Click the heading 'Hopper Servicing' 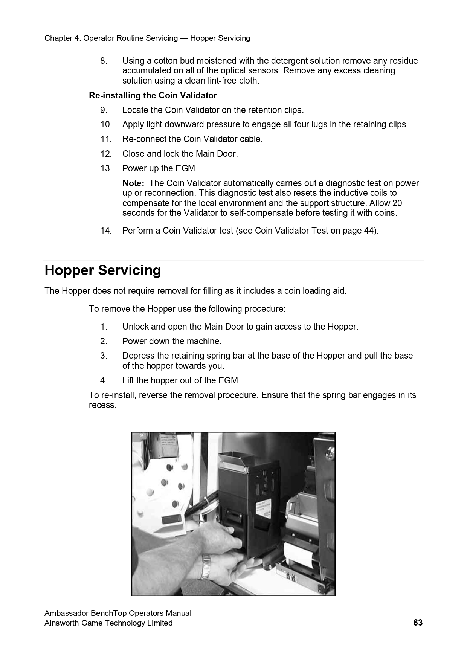click(x=102, y=270)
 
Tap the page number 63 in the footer click(x=418, y=623)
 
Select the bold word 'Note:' click(x=133, y=183)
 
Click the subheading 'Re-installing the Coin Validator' click(x=153, y=95)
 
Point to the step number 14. click(x=106, y=231)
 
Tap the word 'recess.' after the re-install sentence click(x=102, y=405)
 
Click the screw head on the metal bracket click(x=331, y=450)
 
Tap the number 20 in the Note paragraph click(x=397, y=203)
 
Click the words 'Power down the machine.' click(x=172, y=342)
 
